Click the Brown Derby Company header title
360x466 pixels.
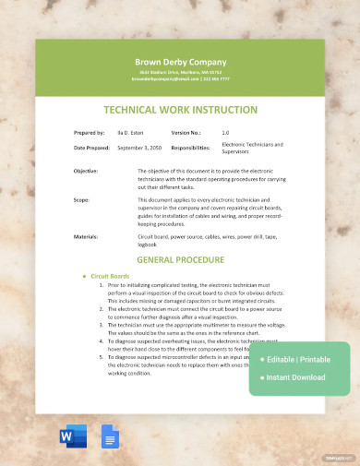[180, 62]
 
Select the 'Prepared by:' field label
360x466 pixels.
[90, 133]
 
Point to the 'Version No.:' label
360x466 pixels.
[186, 133]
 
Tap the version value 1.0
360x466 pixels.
[225, 133]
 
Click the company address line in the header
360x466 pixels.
[180, 72]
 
